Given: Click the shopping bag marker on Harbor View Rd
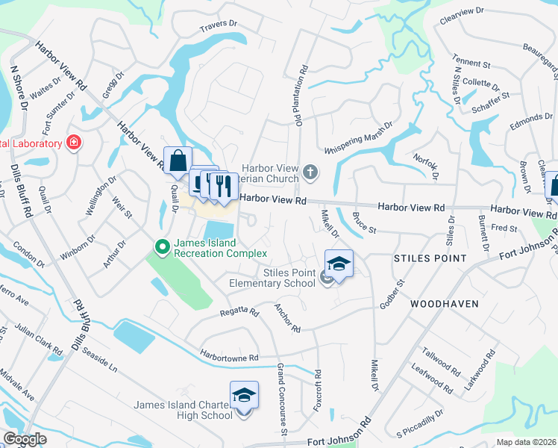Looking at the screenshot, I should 178,161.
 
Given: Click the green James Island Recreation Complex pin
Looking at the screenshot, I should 160,245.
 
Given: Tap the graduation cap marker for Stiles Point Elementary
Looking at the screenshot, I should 339,264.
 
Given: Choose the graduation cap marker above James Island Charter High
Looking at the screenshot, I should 243,395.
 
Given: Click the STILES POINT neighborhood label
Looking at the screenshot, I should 429,258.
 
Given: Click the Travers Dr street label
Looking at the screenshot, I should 218,27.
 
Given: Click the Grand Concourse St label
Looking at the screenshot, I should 282,399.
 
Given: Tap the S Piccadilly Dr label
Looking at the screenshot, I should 420,422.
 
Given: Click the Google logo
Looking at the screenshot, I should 25,439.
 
